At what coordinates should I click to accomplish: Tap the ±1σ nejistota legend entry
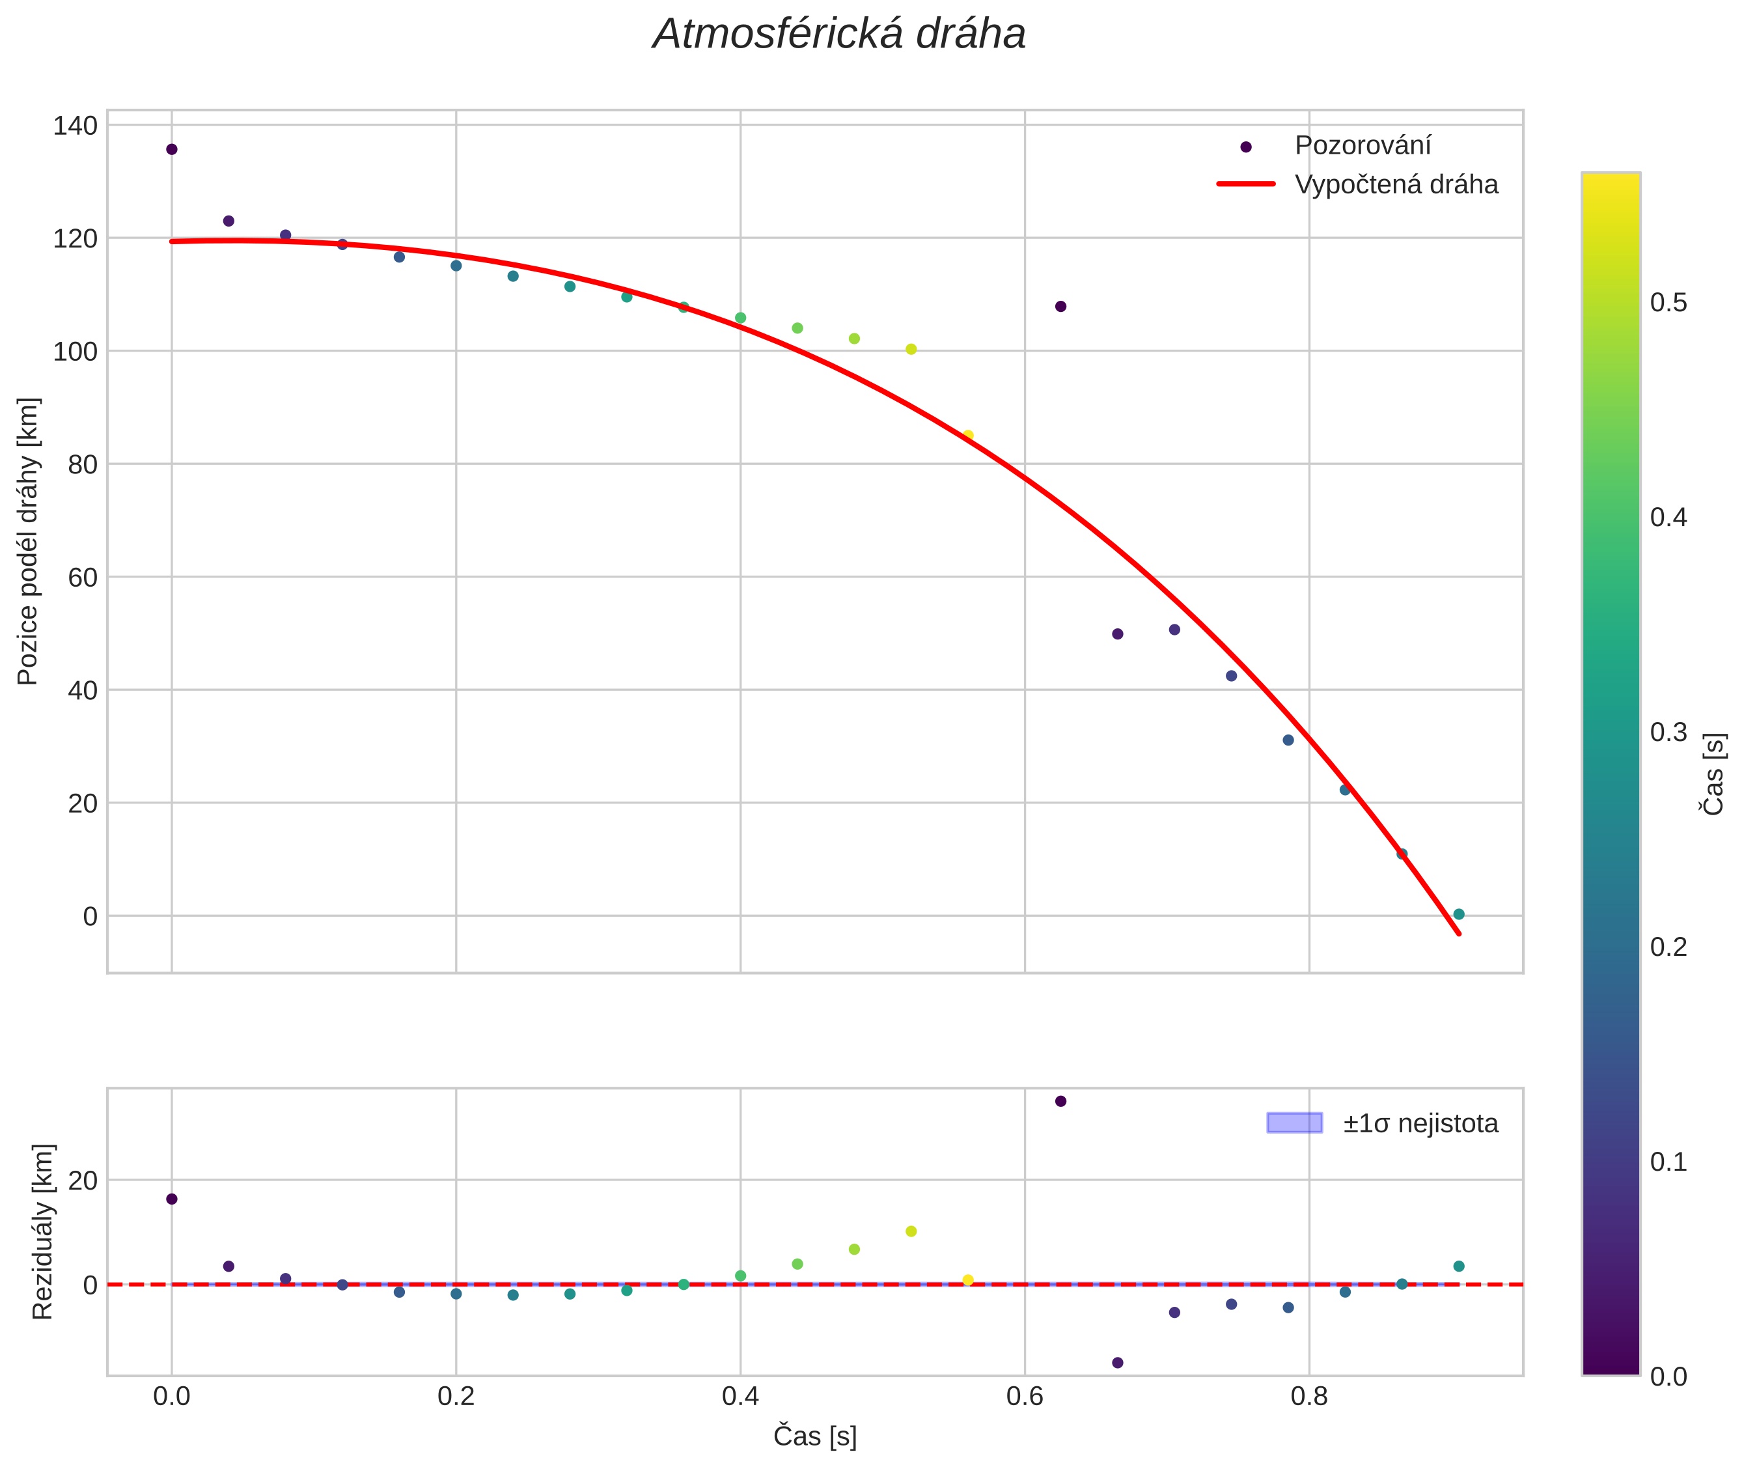tap(1419, 1124)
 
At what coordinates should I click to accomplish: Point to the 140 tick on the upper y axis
tap(76, 126)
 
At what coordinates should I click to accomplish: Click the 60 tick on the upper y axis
tap(82, 577)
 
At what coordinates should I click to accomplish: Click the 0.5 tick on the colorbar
tap(1668, 303)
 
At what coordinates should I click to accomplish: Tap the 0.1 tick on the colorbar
tap(1668, 1162)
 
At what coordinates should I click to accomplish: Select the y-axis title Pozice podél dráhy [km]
tap(28, 541)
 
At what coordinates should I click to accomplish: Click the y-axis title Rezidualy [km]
tap(42, 1232)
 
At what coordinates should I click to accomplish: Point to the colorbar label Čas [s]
tap(1715, 774)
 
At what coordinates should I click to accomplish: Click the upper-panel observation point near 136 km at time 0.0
tap(172, 150)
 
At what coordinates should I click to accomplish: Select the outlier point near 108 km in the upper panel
tap(1060, 307)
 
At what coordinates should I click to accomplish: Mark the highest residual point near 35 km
tap(1060, 1101)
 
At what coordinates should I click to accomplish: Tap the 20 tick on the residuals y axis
tap(82, 1180)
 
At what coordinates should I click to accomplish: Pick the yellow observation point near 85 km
tap(967, 436)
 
